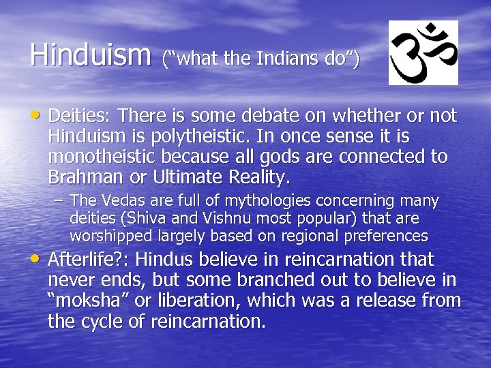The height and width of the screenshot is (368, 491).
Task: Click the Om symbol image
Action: (423, 52)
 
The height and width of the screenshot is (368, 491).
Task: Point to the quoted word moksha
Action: (83, 301)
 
